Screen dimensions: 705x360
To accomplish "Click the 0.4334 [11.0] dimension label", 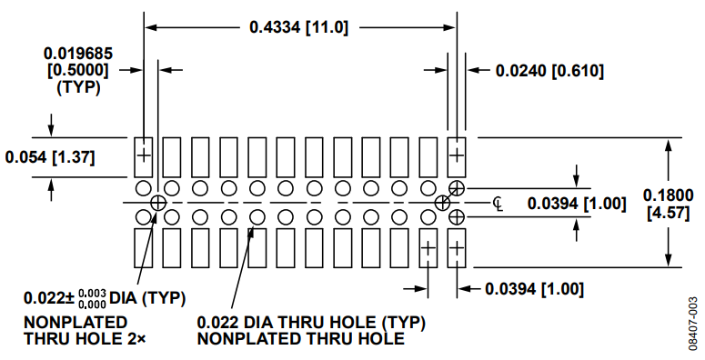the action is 299,27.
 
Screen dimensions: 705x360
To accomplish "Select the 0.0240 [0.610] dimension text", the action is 549,71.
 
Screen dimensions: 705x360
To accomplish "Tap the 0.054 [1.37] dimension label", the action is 50,157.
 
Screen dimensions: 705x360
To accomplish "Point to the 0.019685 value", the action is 78,54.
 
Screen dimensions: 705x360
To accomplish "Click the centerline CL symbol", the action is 498,204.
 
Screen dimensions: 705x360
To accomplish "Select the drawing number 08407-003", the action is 695,323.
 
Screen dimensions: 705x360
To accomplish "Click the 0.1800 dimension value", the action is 668,195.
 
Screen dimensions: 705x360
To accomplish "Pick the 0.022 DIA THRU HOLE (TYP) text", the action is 311,322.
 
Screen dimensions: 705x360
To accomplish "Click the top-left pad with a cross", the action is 144,157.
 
